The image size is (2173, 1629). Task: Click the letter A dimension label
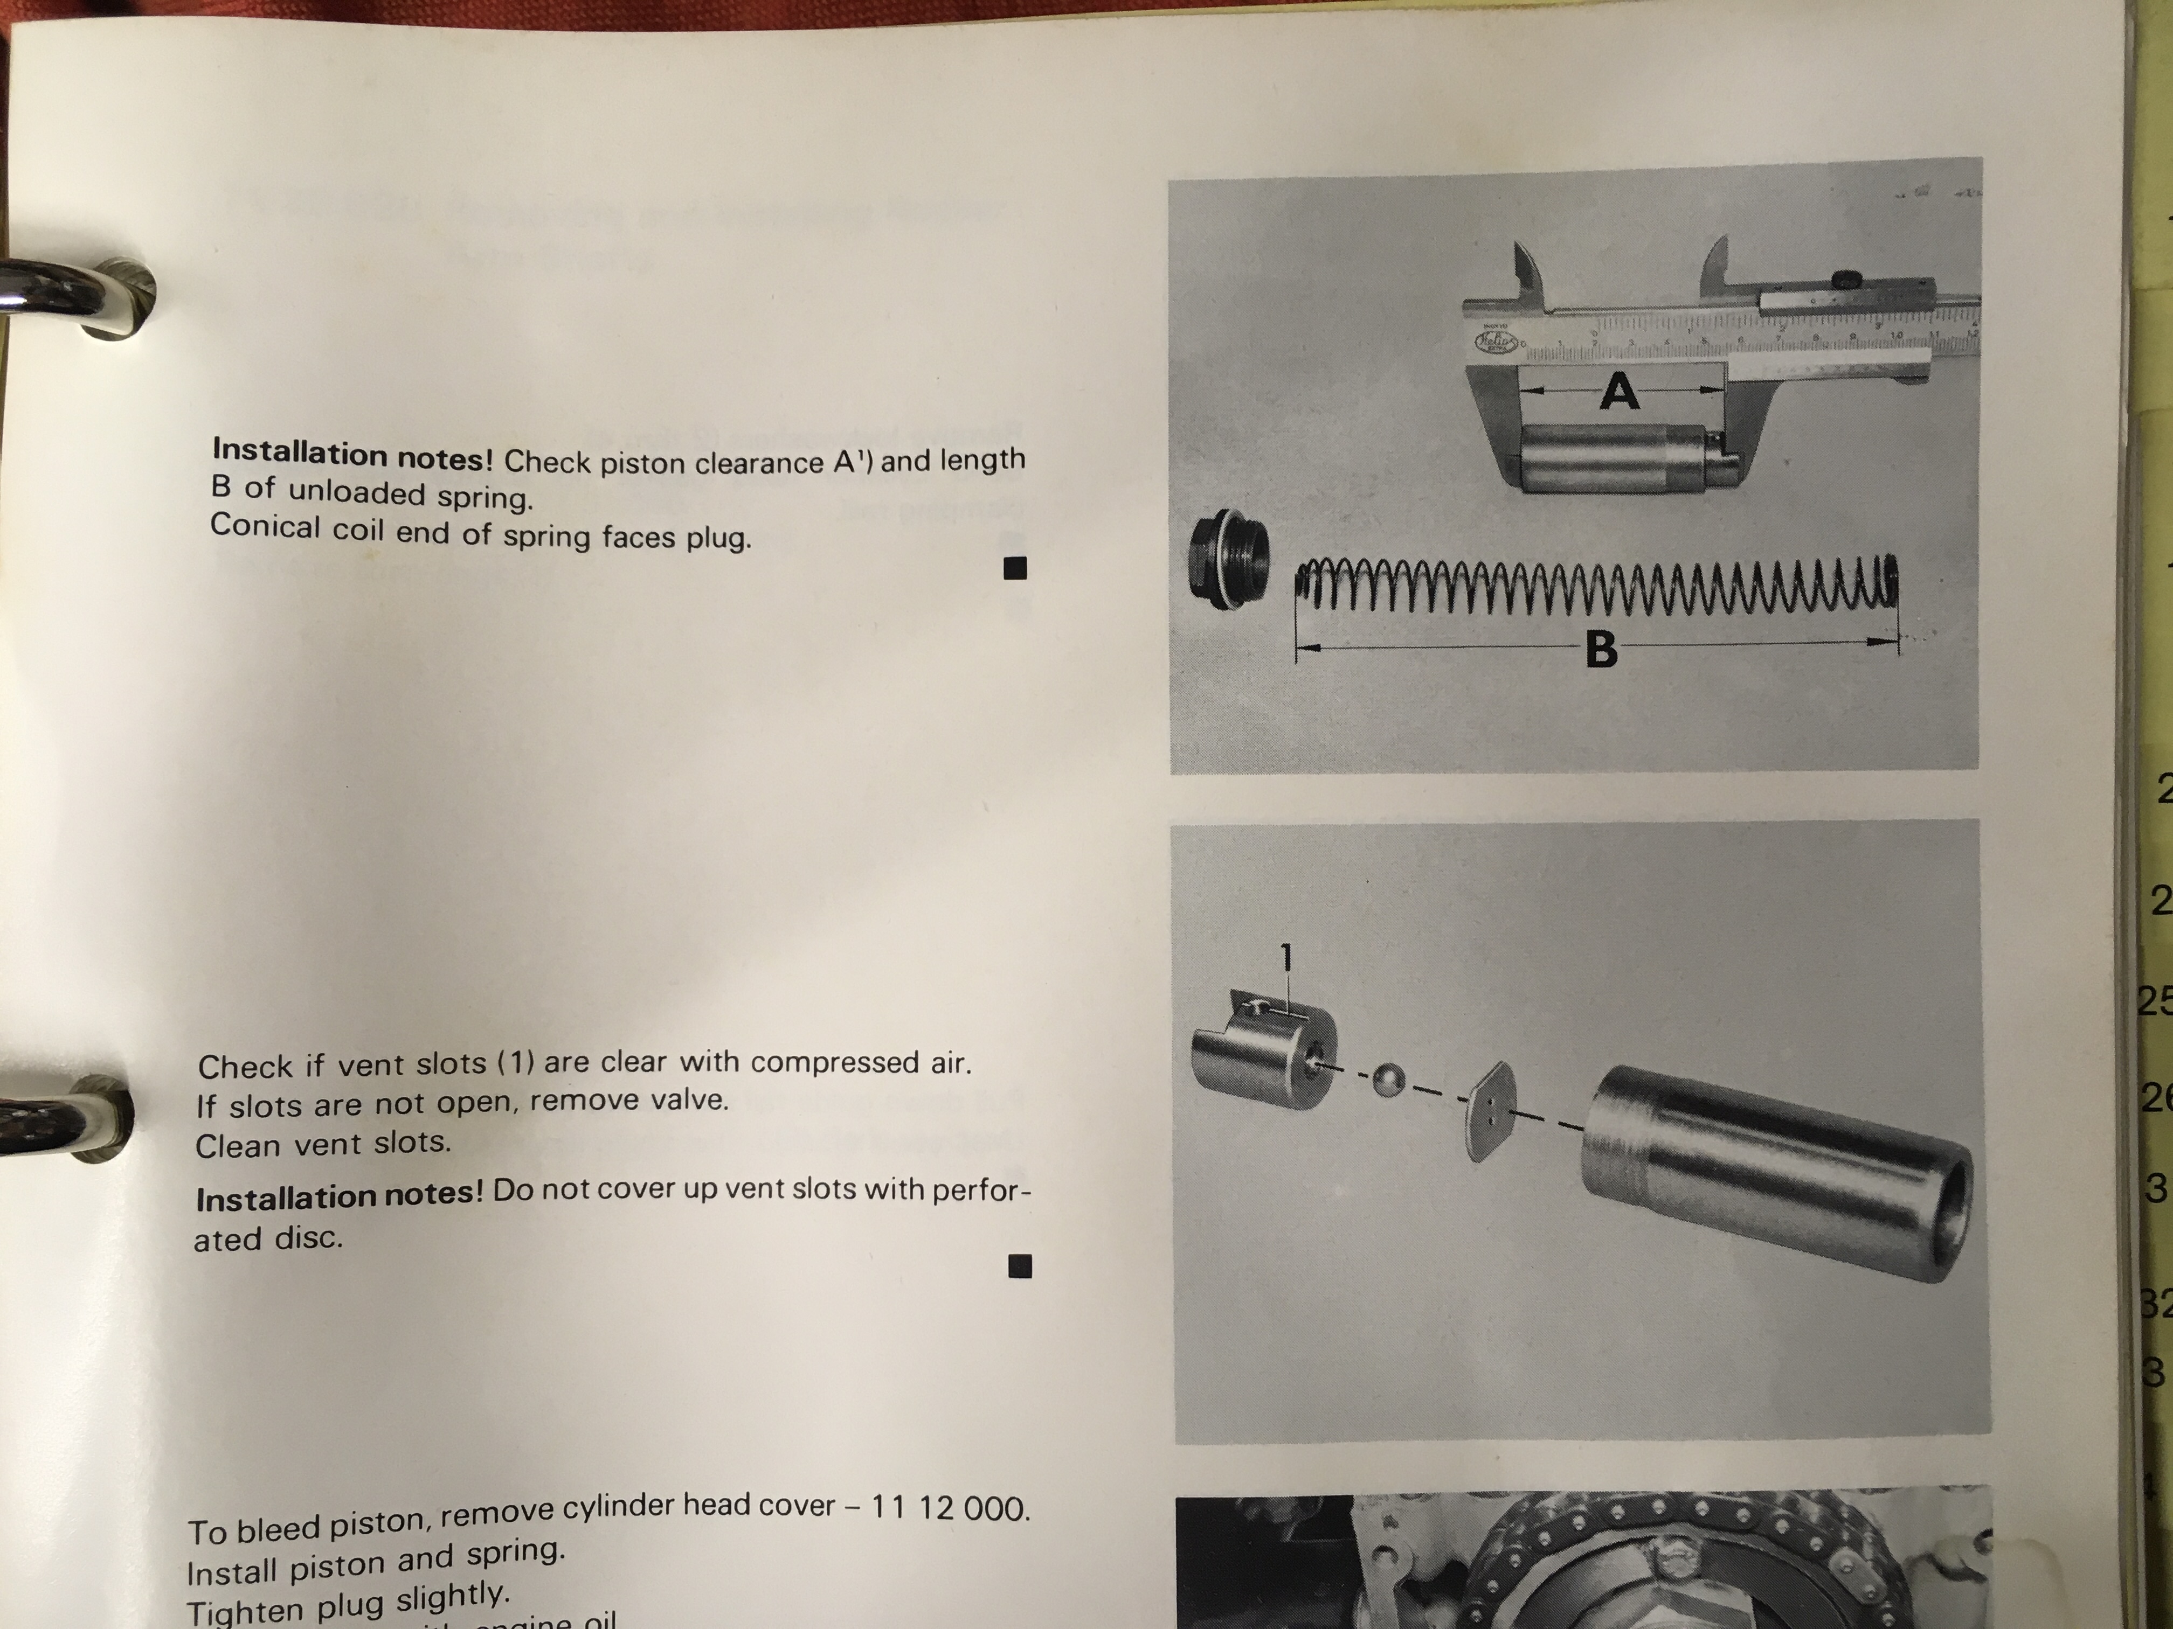pos(1619,393)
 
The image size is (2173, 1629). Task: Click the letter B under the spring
pos(1601,649)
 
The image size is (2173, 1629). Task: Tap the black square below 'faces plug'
pos(1016,568)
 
